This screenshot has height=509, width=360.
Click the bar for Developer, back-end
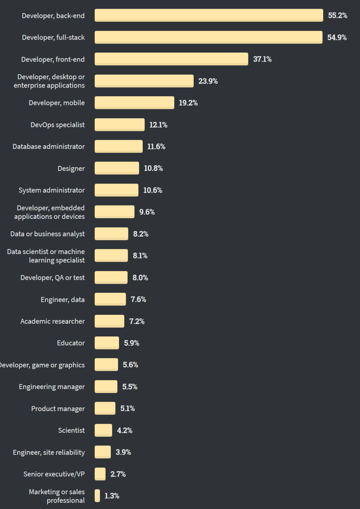209,15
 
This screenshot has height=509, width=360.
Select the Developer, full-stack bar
208,37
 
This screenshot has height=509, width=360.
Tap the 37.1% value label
262,59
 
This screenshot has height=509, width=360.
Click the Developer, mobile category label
57,103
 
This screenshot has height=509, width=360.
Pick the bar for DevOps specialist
120,125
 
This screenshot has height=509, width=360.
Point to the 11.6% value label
156,147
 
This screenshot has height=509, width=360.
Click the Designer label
71,169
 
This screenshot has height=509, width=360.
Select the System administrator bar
116,190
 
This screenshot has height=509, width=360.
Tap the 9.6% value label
147,212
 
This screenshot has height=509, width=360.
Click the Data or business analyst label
47,234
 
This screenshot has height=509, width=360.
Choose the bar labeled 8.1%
111,255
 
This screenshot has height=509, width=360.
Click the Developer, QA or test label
52,277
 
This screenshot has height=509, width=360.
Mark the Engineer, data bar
110,299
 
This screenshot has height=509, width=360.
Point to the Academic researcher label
52,321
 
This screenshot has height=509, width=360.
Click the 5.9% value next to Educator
132,343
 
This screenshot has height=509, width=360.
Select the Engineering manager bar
106,386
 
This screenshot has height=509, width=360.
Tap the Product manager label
58,408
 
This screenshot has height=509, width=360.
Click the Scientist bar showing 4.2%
103,430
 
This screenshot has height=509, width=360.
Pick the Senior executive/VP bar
100,474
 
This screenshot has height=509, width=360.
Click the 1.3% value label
112,496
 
